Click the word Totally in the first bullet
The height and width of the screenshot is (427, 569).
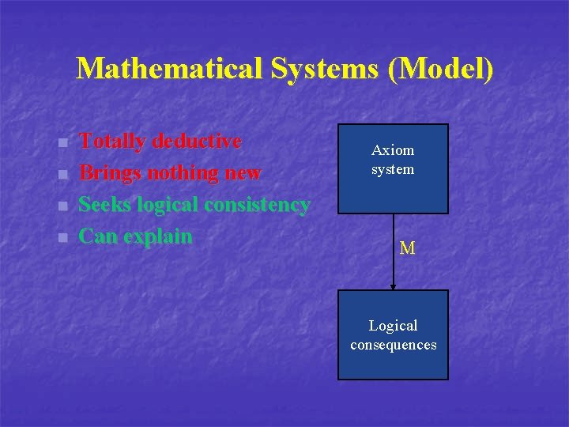point(113,142)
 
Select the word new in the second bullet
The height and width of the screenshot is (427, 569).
point(245,173)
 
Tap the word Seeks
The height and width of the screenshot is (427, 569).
point(106,205)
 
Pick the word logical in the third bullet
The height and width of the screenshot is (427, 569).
point(168,205)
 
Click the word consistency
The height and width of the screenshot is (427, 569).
point(256,205)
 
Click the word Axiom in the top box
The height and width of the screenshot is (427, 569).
point(393,150)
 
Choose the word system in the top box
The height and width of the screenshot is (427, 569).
point(393,169)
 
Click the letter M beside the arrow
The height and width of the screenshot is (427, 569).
point(407,249)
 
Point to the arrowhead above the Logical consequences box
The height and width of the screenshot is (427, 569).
point(393,286)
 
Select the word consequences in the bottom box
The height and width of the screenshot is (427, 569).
point(393,345)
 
